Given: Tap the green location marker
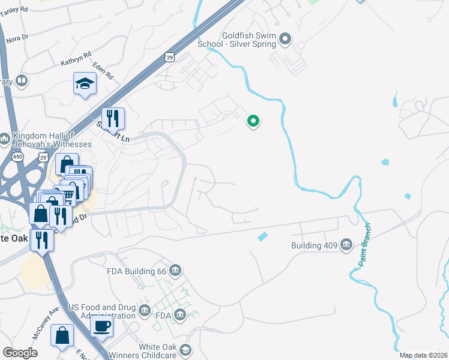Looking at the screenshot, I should [x=253, y=121].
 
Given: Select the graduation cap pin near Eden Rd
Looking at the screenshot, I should [x=85, y=84].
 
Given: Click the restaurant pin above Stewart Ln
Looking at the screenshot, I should [x=112, y=118].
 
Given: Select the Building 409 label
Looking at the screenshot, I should [x=314, y=245].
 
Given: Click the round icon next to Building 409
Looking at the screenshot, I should [x=346, y=245].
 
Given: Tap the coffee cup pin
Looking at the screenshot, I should [x=101, y=326].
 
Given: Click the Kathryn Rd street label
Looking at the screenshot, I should [x=76, y=58].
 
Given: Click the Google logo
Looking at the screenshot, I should [x=20, y=352].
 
